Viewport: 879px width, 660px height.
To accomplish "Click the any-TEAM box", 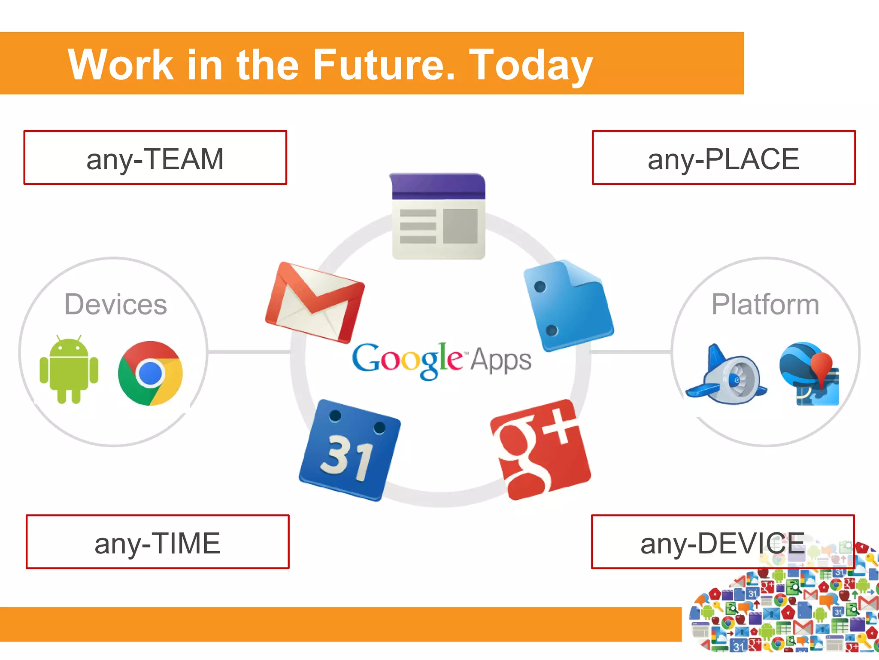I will point(155,158).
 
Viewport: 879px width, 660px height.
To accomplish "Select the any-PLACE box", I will point(724,158).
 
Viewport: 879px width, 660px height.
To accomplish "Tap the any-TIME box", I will point(158,542).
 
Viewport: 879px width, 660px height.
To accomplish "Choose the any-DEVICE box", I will point(723,542).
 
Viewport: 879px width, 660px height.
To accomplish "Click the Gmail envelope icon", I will point(315,302).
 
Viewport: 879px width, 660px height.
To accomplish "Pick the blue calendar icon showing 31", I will point(349,450).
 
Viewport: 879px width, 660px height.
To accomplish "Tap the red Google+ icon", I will point(541,449).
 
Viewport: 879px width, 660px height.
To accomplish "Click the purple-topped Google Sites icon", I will point(438,216).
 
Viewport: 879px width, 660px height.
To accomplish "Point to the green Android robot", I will point(69,370).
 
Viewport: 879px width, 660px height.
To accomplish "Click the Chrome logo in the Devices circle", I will point(150,373).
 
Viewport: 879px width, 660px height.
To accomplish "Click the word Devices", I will point(115,304).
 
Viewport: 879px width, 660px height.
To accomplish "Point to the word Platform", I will point(765,304).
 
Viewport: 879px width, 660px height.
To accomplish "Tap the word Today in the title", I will point(531,65).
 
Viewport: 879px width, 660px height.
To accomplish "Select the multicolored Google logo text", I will point(407,360).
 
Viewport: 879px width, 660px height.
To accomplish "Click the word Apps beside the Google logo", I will point(501,360).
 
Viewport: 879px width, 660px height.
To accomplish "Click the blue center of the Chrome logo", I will point(150,373).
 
